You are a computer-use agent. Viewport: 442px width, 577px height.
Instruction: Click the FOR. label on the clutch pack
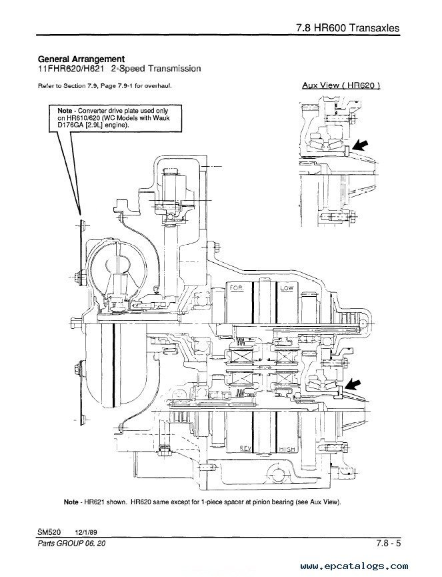coord(237,287)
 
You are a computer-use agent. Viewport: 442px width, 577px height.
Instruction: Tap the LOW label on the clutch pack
coord(287,287)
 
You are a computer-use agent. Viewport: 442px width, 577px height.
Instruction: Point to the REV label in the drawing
coord(245,448)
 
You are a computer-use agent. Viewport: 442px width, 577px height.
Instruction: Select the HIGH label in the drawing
coord(287,449)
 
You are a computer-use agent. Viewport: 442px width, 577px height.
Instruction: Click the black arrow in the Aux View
coord(359,145)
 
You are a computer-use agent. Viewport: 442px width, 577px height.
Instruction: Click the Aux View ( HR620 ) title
coord(341,85)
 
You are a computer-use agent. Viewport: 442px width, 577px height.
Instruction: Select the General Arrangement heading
coord(81,59)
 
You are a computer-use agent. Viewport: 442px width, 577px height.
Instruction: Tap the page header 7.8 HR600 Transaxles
coord(347,28)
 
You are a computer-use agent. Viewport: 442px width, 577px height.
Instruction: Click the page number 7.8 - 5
coord(388,543)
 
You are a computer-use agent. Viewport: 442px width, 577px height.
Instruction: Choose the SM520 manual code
coord(49,532)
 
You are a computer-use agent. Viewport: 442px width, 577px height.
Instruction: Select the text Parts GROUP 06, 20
coord(71,544)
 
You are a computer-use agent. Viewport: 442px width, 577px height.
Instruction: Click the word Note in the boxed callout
coord(65,110)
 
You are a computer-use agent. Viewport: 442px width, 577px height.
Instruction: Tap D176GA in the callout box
coord(71,125)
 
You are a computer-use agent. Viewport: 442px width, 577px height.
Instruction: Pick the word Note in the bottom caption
coord(71,502)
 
